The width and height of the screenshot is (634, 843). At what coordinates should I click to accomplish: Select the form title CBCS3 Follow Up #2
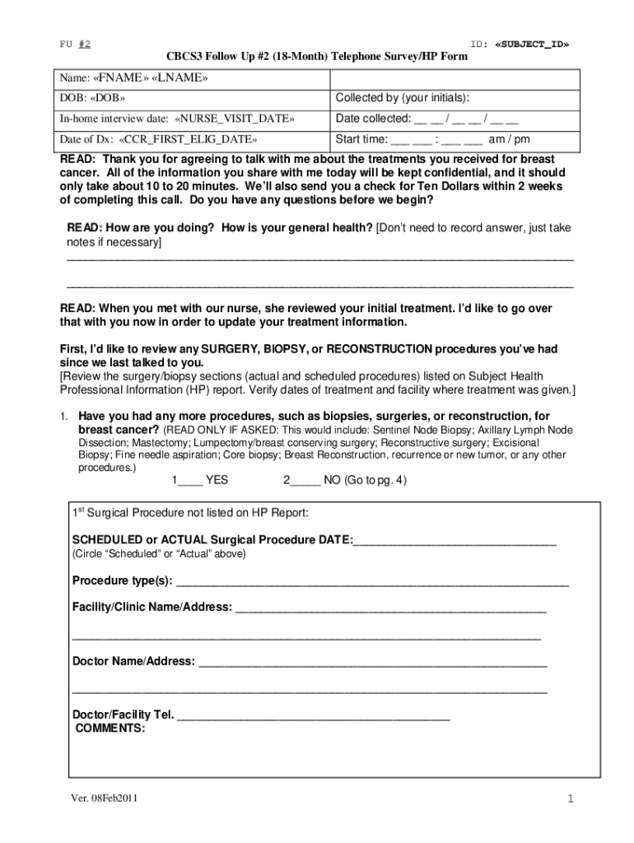tap(317, 57)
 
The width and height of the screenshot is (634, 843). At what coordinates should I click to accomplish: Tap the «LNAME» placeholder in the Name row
tap(180, 78)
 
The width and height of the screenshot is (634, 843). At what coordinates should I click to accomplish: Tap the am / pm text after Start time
tap(510, 139)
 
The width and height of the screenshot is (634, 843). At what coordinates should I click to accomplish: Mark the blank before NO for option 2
tap(305, 480)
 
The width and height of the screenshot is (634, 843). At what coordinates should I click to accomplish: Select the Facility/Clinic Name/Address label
tap(152, 608)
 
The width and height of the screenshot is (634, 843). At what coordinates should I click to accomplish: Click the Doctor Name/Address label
tap(133, 661)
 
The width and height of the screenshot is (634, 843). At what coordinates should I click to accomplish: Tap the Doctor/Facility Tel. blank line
tap(314, 715)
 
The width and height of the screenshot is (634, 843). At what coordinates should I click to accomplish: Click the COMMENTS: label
tap(110, 729)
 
